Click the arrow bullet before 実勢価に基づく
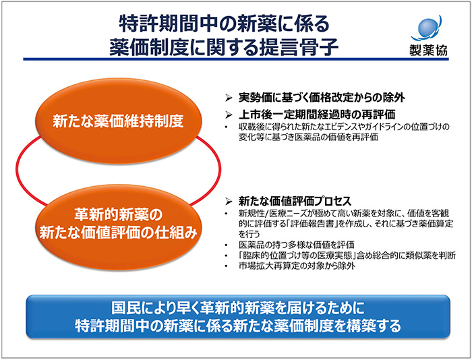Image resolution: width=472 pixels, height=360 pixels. (229, 96)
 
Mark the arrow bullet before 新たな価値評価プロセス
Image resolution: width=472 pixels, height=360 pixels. (229, 201)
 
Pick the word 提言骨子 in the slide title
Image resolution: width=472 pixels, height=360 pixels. (301, 47)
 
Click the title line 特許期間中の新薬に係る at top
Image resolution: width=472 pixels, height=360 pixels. (225, 22)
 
